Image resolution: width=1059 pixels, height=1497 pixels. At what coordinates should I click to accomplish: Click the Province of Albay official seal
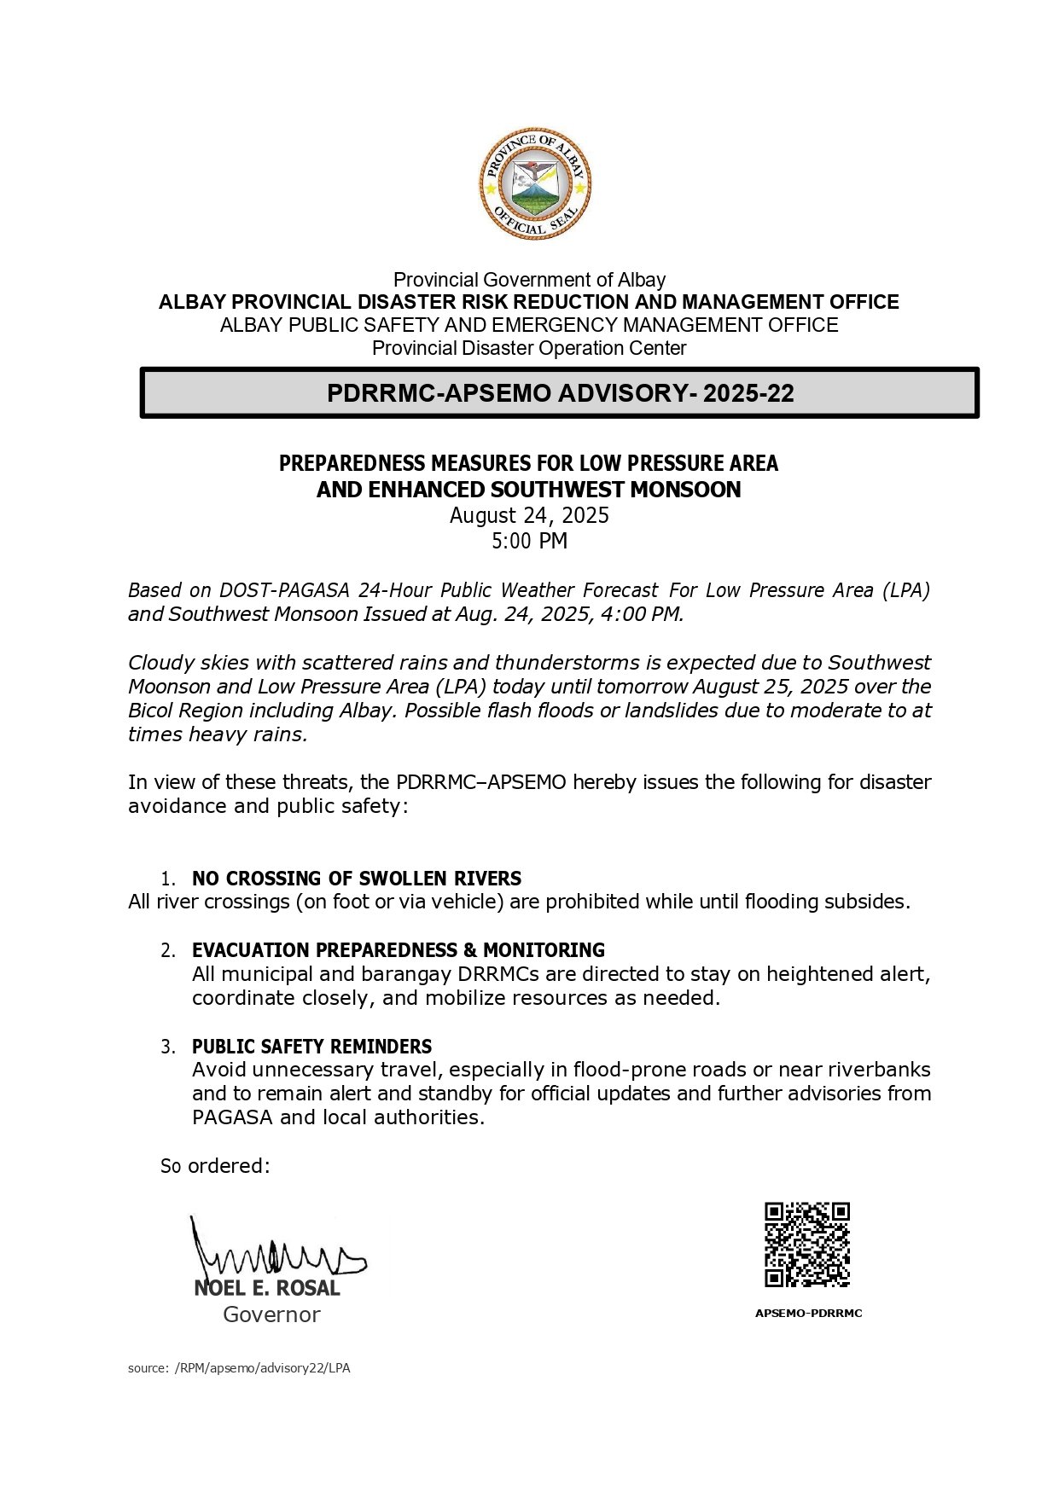(534, 184)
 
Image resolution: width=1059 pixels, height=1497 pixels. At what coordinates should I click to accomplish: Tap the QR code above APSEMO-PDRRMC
(806, 1244)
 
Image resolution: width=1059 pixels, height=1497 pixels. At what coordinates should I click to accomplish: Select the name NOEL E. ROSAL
(267, 1288)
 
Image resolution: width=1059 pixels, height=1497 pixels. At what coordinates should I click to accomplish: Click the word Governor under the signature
(271, 1314)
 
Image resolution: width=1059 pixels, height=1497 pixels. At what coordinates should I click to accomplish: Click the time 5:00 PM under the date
(529, 541)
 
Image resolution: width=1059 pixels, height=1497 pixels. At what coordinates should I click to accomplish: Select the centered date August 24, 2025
(529, 515)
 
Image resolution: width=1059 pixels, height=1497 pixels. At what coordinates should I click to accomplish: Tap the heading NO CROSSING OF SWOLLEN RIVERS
(357, 879)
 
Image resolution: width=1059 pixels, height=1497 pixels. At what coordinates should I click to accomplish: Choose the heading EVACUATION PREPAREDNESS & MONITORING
(398, 950)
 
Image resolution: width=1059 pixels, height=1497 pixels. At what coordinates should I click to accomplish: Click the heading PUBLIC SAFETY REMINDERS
(311, 1047)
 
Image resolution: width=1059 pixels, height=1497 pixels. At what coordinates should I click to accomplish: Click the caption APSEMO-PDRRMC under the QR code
(808, 1314)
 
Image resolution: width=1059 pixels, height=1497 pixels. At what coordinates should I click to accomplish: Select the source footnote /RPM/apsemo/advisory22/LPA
(262, 1368)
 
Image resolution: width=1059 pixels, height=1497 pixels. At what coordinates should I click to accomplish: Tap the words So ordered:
(215, 1166)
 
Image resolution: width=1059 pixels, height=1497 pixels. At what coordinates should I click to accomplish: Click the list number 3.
(168, 1047)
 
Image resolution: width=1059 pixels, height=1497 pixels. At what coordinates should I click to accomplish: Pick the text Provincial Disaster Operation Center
(529, 348)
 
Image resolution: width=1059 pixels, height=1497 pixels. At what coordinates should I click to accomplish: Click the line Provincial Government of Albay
(529, 280)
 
